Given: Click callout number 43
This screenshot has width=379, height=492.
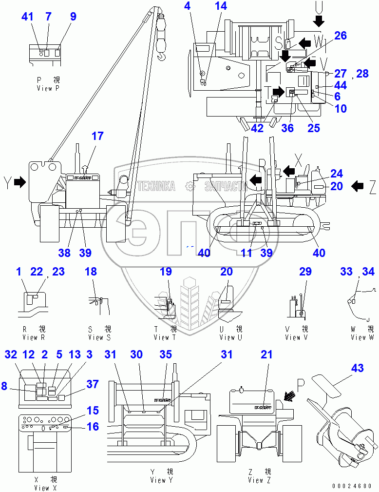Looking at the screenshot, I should tap(357, 368).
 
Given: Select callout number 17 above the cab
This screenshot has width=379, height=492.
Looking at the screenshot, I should tap(97, 136).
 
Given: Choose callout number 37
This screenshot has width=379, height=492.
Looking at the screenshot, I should tap(80, 385).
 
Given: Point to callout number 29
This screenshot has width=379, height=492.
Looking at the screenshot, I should tap(305, 272).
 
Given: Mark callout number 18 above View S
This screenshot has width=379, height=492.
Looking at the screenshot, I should tap(91, 272).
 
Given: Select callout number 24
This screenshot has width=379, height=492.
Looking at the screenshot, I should tap(337, 174).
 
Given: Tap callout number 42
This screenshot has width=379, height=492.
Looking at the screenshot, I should tap(257, 129).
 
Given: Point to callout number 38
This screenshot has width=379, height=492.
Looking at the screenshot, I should tap(64, 253).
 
